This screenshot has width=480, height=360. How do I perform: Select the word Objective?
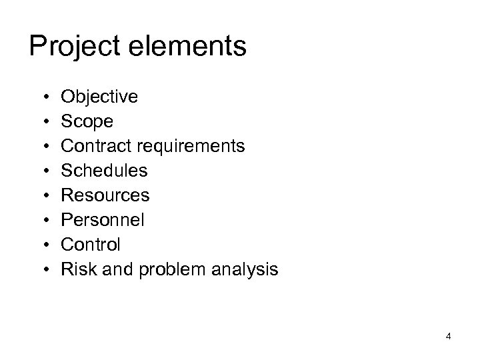point(99,97)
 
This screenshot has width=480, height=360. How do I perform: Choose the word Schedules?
point(105,171)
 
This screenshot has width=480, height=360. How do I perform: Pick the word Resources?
point(105,195)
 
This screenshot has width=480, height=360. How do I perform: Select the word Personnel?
point(103,220)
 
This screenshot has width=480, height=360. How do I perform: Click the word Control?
point(91,245)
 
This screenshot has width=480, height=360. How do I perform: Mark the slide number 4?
point(449,337)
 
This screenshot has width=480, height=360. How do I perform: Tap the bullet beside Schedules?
point(43,171)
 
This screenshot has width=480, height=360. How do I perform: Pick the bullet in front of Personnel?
point(43,221)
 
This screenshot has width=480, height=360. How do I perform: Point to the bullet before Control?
point(43,245)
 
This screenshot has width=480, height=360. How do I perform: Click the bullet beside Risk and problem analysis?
point(43,270)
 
